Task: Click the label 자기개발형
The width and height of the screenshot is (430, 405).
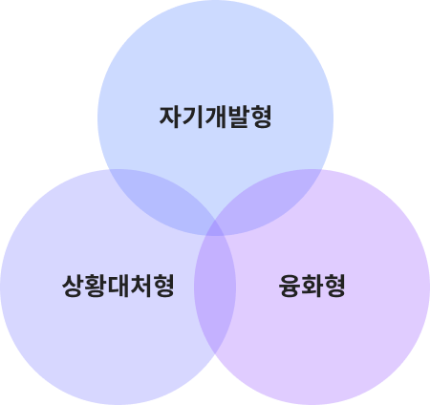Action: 215,117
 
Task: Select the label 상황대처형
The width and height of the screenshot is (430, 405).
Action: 118,286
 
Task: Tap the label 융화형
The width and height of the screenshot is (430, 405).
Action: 312,286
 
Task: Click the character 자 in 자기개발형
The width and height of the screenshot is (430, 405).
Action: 170,117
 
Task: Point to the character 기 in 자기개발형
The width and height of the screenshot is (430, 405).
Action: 193,117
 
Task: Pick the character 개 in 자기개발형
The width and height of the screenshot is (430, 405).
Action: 215,117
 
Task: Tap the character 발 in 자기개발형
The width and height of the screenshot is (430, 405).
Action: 238,117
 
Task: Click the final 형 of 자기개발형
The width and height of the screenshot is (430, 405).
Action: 261,117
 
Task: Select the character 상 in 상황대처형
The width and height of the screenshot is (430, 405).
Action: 73,286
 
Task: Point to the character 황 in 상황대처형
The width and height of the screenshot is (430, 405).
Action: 96,286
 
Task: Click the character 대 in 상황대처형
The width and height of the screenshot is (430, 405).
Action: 118,286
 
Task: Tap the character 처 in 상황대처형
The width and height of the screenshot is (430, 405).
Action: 140,286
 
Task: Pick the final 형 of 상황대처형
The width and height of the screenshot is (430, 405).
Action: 163,286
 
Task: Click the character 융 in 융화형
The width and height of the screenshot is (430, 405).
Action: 290,286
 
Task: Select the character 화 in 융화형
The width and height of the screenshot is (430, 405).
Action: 312,286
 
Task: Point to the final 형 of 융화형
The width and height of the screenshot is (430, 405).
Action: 335,286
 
